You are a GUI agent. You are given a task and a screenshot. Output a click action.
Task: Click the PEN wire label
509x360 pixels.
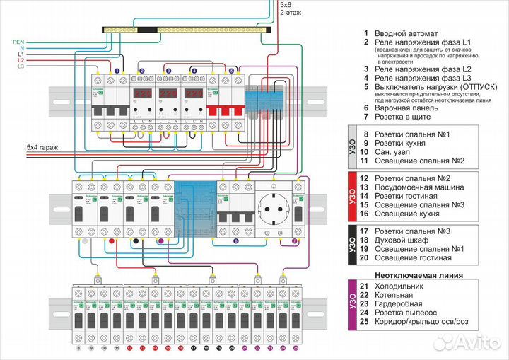click(19, 42)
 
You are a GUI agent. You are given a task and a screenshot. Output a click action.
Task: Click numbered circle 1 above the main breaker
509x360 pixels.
click(116, 71)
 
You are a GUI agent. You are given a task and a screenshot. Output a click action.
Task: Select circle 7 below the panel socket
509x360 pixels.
click(293, 242)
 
